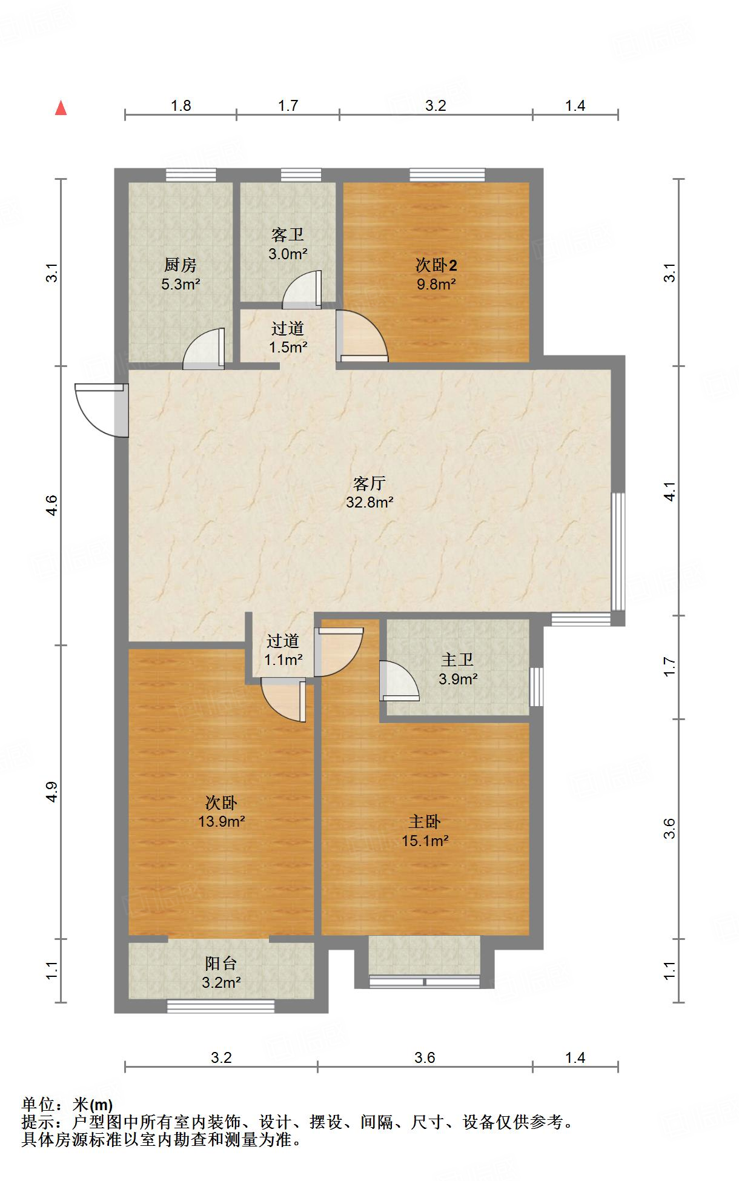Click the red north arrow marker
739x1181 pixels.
click(x=61, y=108)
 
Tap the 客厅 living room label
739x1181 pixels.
click(x=369, y=483)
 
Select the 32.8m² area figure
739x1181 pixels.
click(x=369, y=502)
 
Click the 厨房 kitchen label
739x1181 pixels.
click(x=181, y=265)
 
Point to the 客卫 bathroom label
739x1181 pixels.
click(x=288, y=234)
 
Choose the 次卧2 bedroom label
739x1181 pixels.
click(x=436, y=265)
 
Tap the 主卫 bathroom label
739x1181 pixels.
click(x=458, y=660)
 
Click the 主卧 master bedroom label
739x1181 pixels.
click(x=425, y=822)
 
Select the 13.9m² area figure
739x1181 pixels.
click(x=221, y=822)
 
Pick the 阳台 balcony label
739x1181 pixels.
click(x=221, y=963)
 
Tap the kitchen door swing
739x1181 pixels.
click(x=205, y=350)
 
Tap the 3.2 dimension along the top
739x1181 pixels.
click(x=436, y=106)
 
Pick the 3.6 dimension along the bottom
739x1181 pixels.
click(x=425, y=1058)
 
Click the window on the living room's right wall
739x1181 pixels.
click(x=617, y=551)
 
